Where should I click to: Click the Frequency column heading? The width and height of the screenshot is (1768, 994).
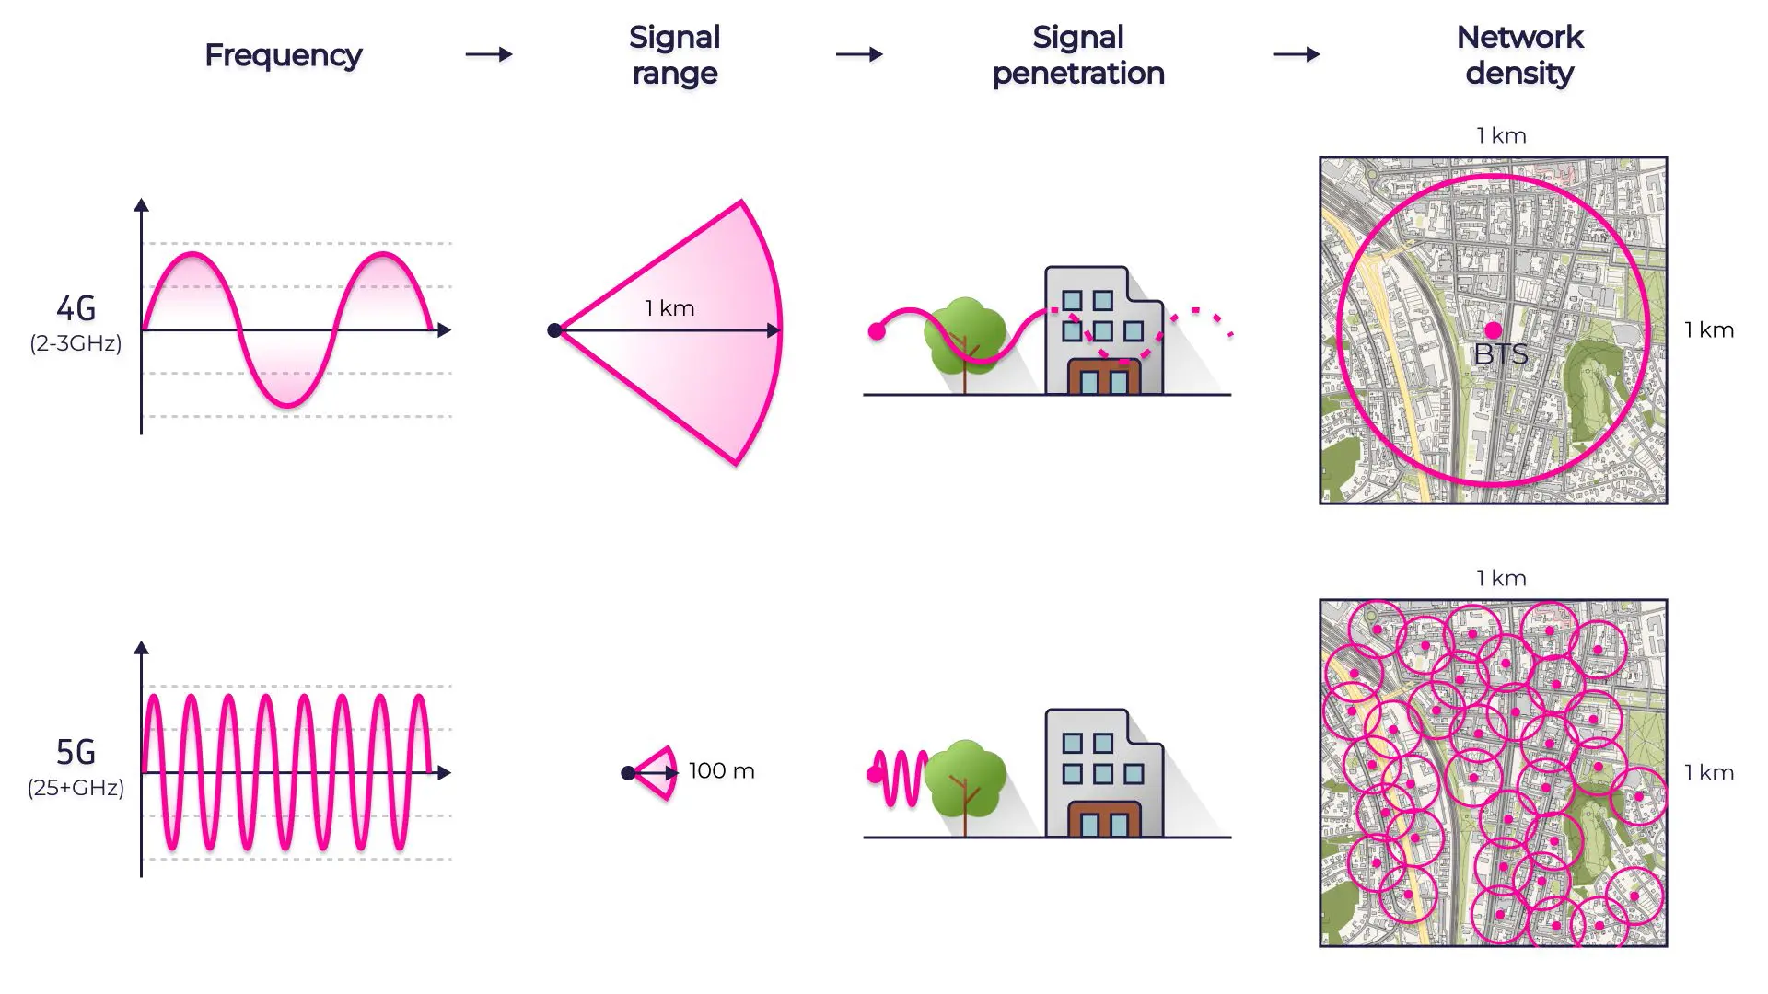pos(283,55)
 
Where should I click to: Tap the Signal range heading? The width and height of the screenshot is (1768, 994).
pos(674,55)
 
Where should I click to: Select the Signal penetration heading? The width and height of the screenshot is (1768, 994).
pos(1078,55)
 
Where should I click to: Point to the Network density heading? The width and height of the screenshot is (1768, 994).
pos(1519,55)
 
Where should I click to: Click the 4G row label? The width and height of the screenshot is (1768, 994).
pos(76,309)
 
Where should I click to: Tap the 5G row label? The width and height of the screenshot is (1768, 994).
pos(76,753)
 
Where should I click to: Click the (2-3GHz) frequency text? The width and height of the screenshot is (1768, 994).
pos(76,343)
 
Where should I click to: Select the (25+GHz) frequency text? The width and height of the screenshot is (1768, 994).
pos(76,788)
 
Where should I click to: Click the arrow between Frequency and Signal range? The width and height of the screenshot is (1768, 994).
pos(488,55)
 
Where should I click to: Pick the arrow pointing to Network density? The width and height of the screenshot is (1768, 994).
pos(1296,55)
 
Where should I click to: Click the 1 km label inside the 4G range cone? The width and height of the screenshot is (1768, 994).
pos(669,308)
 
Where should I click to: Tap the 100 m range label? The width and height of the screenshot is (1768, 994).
pos(721,771)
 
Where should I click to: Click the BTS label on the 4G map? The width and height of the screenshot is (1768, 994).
pos(1500,354)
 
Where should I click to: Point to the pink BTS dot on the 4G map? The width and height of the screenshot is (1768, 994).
pos(1493,329)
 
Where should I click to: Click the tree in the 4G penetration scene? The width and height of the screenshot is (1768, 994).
pos(965,337)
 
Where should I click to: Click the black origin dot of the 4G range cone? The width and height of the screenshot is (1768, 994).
pos(554,330)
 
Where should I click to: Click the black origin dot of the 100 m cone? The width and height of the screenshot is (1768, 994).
pos(628,773)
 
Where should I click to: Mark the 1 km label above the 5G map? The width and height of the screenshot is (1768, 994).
pos(1501,579)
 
